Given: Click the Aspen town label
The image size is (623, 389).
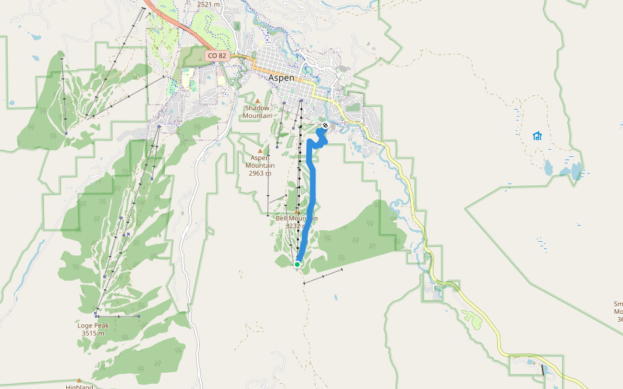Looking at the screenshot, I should (x=281, y=78).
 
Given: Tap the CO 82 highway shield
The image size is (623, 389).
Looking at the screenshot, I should (x=217, y=56).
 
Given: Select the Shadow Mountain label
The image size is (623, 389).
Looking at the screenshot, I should (x=257, y=112).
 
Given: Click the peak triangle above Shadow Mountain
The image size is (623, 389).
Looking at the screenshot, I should (x=257, y=101).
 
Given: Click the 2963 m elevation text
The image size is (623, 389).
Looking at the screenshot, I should (x=260, y=174).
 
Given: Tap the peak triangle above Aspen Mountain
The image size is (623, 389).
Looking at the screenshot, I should (x=260, y=150).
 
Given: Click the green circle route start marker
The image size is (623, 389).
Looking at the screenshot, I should (x=297, y=264).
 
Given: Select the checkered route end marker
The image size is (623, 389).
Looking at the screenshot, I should (x=325, y=126).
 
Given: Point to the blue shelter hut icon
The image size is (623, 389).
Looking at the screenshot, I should (x=537, y=136).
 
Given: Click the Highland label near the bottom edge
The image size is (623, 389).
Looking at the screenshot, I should (x=79, y=387).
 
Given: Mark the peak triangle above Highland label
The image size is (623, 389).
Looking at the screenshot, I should (x=79, y=381).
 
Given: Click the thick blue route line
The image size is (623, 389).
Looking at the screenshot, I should (x=313, y=188).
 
